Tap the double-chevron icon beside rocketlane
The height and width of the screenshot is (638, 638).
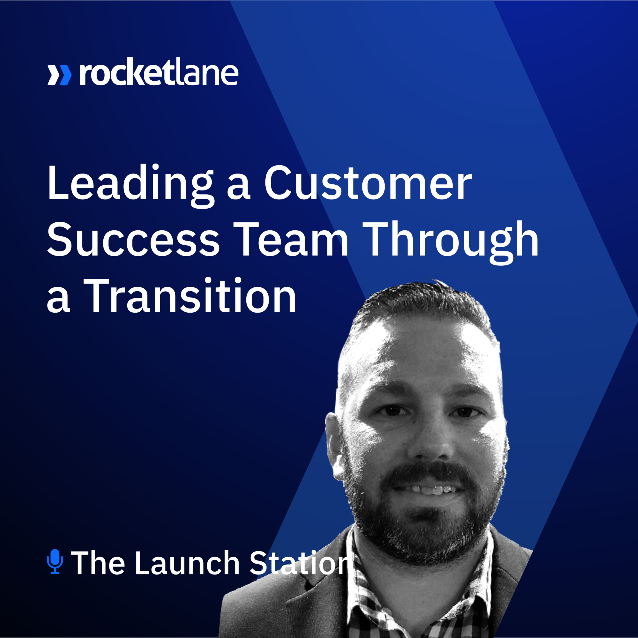point(60,75)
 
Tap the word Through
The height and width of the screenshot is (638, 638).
point(452,242)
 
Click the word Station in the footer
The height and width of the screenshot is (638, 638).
point(299,563)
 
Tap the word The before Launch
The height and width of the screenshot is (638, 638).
point(98,563)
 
